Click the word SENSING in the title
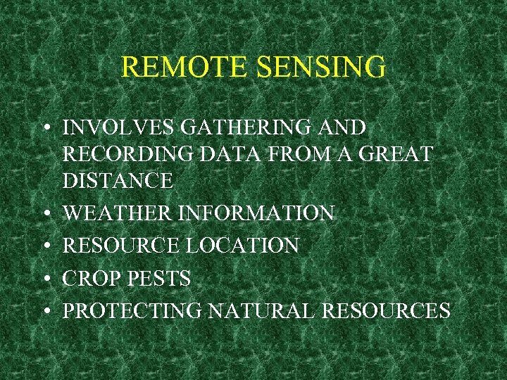[321, 68]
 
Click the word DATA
[216, 155]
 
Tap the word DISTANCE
[118, 182]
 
